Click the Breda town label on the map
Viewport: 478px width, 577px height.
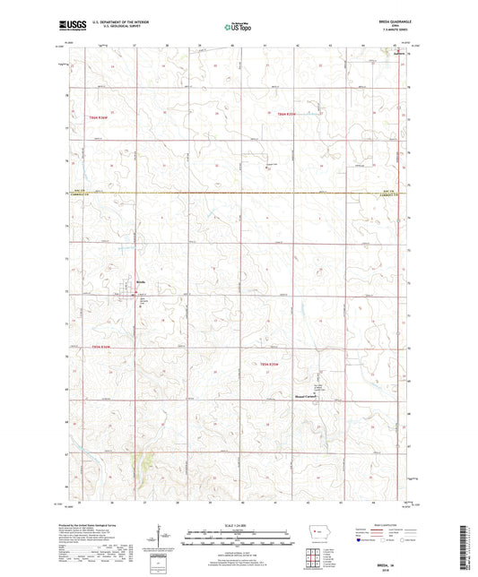tap(141, 280)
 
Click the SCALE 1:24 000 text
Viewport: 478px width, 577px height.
tap(239, 525)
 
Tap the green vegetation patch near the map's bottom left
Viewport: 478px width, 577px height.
tap(141, 466)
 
